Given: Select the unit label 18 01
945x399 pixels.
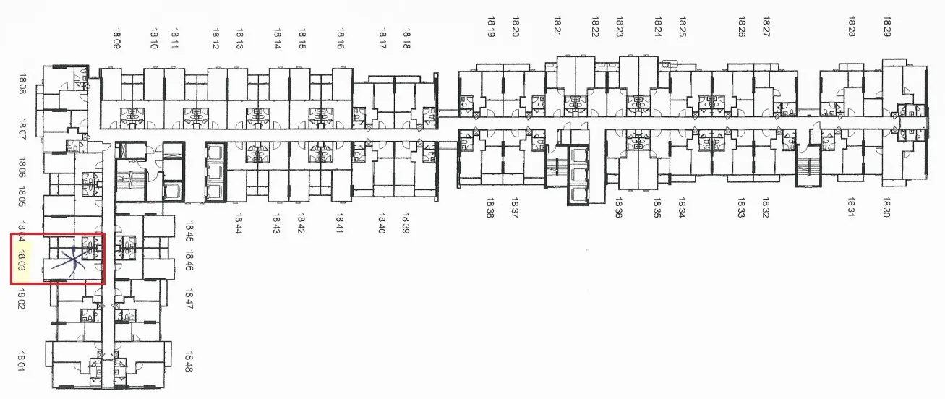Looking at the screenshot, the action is [x=21, y=361].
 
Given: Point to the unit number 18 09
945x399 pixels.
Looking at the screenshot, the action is [x=117, y=39].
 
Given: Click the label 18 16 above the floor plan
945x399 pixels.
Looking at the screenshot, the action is [x=341, y=39].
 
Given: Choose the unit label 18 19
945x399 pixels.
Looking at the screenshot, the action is [x=491, y=27].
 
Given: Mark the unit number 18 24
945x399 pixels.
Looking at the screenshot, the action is [x=658, y=27].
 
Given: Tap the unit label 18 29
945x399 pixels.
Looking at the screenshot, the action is [x=887, y=27].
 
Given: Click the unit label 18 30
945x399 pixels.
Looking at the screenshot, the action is [x=886, y=207].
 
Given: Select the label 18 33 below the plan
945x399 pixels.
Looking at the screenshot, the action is [x=741, y=207].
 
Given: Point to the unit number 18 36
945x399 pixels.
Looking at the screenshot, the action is [x=618, y=207].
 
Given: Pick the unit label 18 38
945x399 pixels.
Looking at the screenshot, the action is [x=489, y=207].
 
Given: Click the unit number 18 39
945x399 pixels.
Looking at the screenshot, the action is [x=406, y=223].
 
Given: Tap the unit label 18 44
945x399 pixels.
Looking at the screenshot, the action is [x=239, y=223].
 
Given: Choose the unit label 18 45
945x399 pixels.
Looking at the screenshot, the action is [x=189, y=231].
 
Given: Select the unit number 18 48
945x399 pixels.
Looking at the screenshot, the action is [x=189, y=362].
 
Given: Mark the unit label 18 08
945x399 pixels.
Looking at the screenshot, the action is [x=22, y=84].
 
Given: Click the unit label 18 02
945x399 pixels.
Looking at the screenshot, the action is [x=21, y=299].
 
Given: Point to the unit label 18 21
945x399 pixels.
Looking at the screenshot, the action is [x=557, y=27].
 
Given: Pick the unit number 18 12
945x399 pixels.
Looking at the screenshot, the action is [x=215, y=39].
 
